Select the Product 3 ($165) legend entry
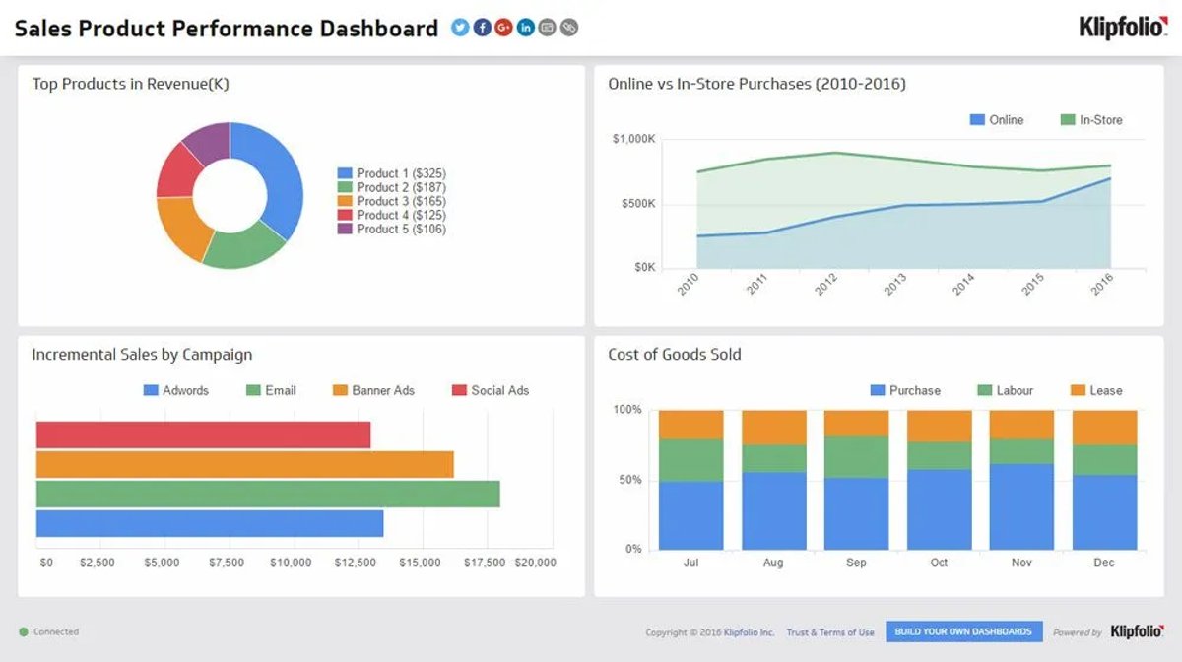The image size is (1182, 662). (392, 201)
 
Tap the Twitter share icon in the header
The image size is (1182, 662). (460, 28)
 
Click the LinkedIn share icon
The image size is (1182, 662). (525, 28)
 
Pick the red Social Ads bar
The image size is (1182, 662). (203, 435)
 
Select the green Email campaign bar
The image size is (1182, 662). (268, 495)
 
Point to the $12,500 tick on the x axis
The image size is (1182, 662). (356, 563)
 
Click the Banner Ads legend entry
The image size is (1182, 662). (373, 391)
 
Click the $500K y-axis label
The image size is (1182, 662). (638, 204)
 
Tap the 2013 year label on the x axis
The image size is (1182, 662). (895, 284)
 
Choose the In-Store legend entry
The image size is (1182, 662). (1091, 120)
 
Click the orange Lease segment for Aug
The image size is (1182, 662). (774, 428)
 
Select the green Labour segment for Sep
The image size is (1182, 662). (856, 457)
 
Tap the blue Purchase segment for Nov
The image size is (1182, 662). (1021, 506)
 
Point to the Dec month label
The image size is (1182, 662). (1104, 563)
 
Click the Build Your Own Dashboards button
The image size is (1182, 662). (964, 631)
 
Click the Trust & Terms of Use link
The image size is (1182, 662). (830, 632)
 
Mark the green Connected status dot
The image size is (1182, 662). (24, 631)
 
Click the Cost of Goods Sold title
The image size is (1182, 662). (675, 355)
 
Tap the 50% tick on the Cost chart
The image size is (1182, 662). (630, 480)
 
